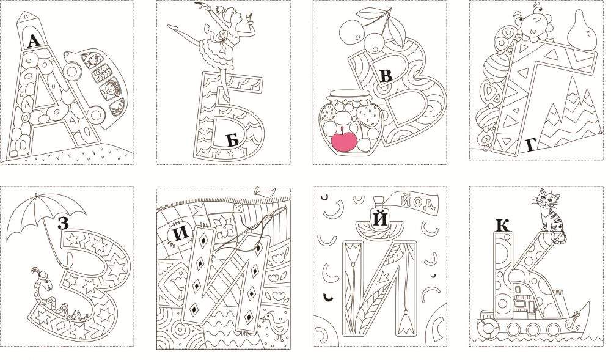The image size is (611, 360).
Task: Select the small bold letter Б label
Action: click(233, 140)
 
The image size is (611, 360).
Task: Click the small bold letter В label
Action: click(386, 76)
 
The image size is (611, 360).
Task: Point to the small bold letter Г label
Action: click(530, 145)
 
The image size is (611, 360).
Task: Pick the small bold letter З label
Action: click(63, 222)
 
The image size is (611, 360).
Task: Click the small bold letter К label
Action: click(503, 226)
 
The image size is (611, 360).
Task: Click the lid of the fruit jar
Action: click(349, 95)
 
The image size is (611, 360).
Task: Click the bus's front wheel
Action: click(97, 114)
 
